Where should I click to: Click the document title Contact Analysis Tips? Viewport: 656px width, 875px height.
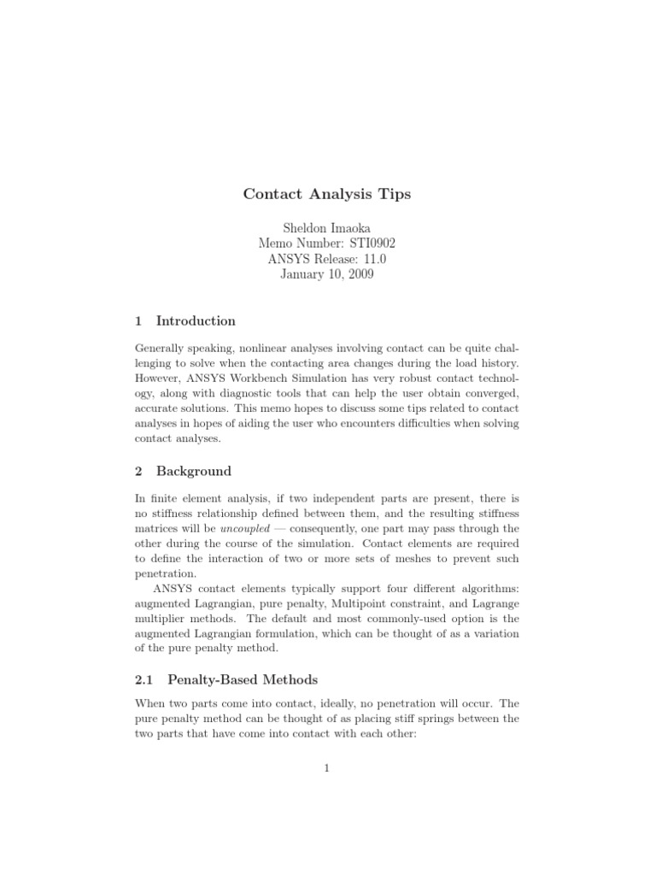point(327,194)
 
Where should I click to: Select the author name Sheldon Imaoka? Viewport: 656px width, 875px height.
point(327,228)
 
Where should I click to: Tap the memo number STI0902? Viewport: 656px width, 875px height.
point(327,244)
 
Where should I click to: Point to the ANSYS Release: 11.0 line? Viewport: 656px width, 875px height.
point(327,259)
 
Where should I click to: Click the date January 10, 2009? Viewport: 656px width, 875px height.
point(327,274)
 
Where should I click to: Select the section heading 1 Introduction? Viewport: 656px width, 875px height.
point(185,321)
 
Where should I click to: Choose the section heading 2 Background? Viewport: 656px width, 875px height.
point(184,471)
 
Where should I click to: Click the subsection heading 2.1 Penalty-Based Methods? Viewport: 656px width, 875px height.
point(226,679)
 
